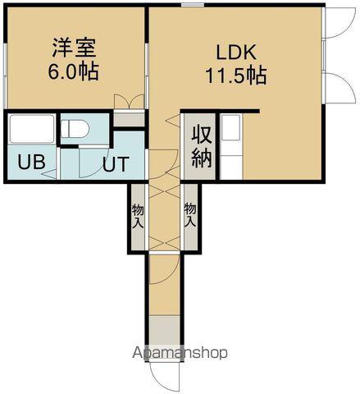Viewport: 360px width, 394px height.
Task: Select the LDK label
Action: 235,53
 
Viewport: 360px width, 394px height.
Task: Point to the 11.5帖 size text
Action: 235,76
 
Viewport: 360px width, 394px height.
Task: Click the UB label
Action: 31,162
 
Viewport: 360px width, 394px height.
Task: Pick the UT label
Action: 115,163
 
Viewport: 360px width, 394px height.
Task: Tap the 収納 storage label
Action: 202,145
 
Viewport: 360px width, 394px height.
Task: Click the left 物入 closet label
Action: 137,216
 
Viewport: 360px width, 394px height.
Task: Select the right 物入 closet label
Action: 190,216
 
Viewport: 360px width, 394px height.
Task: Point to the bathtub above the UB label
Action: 31,129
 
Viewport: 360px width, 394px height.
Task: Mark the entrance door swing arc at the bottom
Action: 164,376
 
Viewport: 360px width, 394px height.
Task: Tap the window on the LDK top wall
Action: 194,6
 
